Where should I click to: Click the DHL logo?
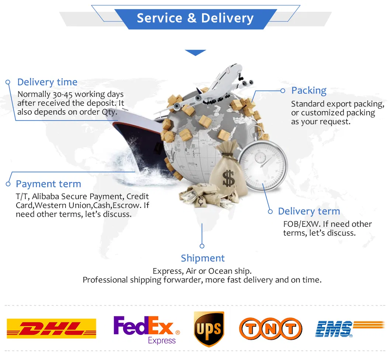coord(51,328)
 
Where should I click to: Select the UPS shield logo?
coord(209,329)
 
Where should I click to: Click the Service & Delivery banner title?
coord(195,18)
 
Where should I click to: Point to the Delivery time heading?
coord(47,82)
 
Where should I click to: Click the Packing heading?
coord(309,90)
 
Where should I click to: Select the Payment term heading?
coord(48,184)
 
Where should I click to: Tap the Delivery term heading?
coord(309,211)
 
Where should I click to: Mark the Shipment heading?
coord(203,258)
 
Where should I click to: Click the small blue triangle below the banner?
coord(195,53)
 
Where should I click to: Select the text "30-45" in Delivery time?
coord(62,94)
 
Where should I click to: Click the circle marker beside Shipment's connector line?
coord(202,246)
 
